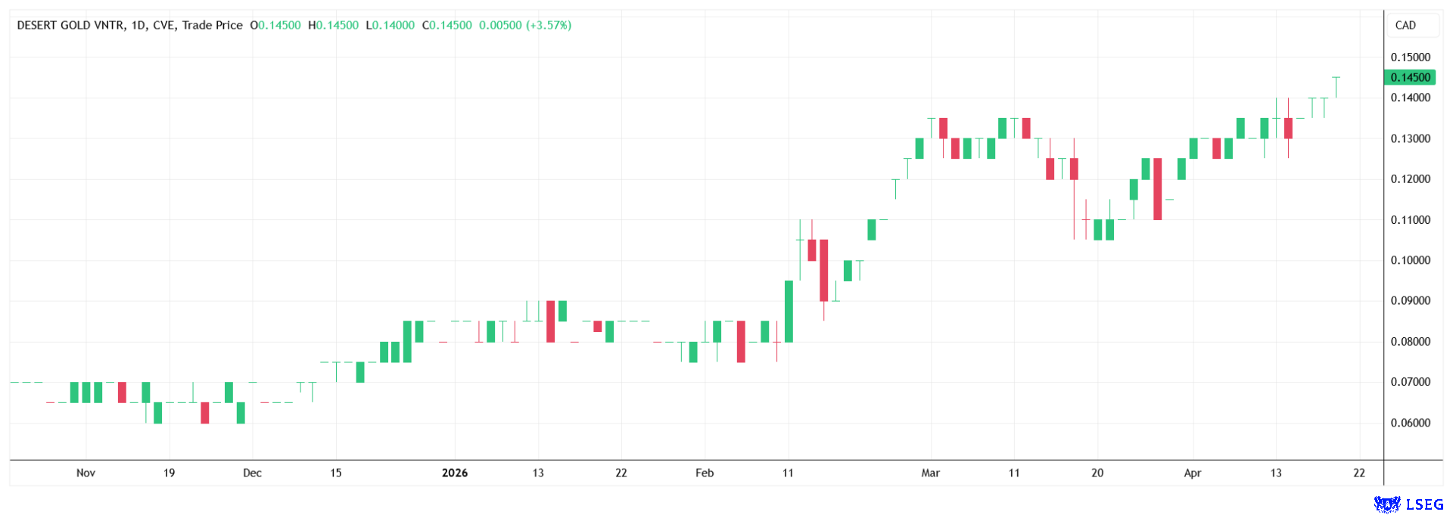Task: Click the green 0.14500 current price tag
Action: tap(1410, 77)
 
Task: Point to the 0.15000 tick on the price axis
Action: tap(1410, 57)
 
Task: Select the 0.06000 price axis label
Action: tap(1410, 423)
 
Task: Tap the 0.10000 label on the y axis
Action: tap(1410, 260)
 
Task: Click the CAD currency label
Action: tap(1405, 25)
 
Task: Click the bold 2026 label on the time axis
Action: tap(455, 473)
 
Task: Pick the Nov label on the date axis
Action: tap(86, 473)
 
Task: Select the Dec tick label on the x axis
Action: tap(252, 473)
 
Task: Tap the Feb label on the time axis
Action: tap(705, 473)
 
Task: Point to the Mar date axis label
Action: tap(930, 473)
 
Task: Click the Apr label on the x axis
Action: tap(1193, 473)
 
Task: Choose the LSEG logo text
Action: tap(1424, 504)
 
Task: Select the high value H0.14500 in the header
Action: tap(333, 25)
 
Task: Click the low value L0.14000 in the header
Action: tap(390, 25)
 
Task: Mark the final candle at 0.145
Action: tap(1336, 87)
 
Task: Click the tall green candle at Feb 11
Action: tap(789, 311)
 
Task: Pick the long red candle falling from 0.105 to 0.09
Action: tap(823, 270)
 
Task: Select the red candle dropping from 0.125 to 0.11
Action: tap(1157, 189)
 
